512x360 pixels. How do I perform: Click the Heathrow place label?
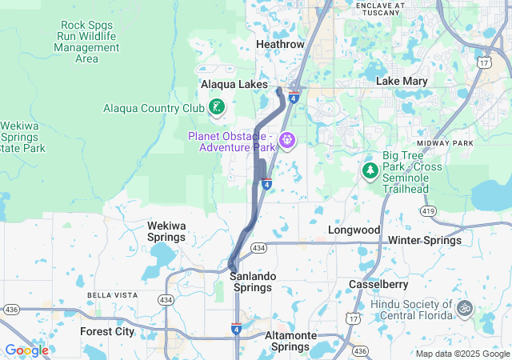click(x=280, y=44)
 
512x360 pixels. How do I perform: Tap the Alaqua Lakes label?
click(x=234, y=84)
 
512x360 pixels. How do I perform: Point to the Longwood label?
click(x=354, y=230)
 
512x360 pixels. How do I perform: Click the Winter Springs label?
click(x=425, y=240)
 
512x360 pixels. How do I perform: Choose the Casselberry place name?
click(x=378, y=284)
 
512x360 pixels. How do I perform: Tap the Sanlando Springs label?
click(x=253, y=282)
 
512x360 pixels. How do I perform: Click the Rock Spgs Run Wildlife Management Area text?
click(x=86, y=42)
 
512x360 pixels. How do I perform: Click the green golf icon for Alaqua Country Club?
click(x=216, y=106)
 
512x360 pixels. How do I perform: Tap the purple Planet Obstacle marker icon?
click(x=287, y=142)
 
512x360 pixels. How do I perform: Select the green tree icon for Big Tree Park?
click(x=370, y=170)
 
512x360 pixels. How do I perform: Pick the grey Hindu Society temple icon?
click(x=464, y=307)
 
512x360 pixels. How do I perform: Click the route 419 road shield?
click(x=430, y=210)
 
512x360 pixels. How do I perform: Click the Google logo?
click(x=26, y=350)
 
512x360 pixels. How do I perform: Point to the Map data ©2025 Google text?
click(x=462, y=354)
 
